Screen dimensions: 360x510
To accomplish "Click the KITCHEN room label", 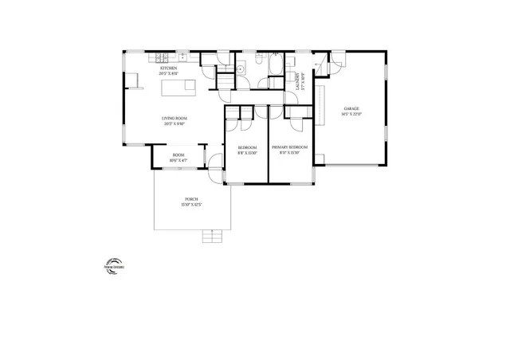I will [169, 68].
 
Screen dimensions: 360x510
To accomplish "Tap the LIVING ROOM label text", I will [174, 119].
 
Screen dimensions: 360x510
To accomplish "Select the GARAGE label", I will [351, 108].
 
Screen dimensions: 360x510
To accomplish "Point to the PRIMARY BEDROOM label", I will [290, 147].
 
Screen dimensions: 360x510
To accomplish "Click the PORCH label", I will [191, 198].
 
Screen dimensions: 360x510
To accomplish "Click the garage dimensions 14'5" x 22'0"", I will [351, 115].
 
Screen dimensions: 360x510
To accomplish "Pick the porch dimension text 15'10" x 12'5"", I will [191, 204].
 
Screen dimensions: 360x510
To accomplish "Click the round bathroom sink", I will [241, 71].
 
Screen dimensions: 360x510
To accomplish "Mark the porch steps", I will [213, 236].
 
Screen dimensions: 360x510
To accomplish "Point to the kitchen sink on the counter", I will [183, 57].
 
